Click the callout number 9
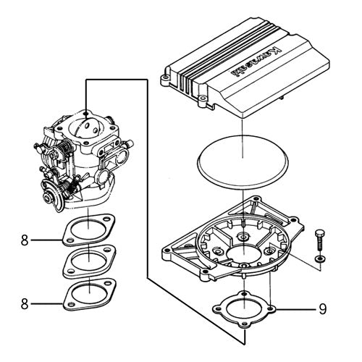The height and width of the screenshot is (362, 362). (323, 309)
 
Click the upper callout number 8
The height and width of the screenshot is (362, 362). (25, 240)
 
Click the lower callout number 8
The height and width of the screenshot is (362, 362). (25, 304)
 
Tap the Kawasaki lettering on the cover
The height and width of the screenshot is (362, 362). (256, 63)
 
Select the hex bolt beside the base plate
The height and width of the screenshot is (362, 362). (319, 241)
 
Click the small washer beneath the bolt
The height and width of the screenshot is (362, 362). (320, 259)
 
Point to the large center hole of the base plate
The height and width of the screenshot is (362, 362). (244, 254)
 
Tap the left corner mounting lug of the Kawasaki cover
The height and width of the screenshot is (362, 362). (166, 79)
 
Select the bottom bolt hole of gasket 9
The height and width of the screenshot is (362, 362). (244, 325)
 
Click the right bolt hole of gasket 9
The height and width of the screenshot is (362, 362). (271, 308)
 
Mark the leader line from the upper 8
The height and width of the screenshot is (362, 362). (46, 240)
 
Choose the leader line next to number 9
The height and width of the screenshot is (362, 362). (296, 309)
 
